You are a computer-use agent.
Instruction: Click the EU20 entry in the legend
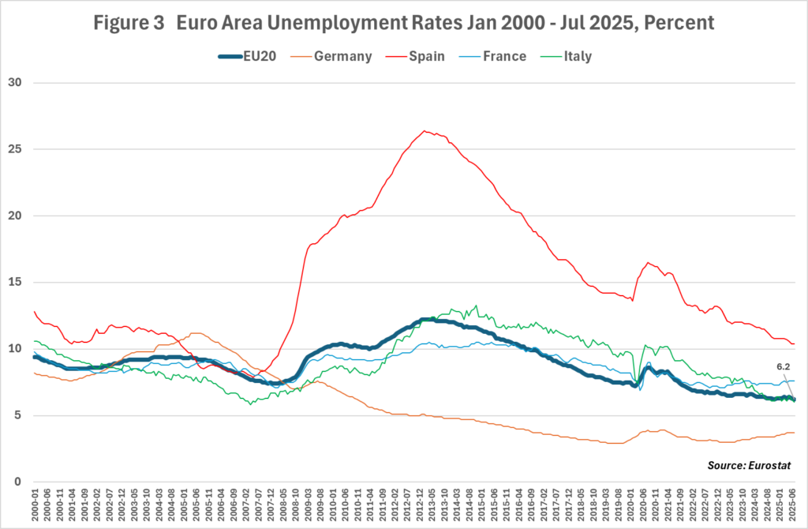247,56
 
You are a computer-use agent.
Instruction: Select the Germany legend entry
331,56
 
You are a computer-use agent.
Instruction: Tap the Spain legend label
415,56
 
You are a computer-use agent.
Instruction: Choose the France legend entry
492,56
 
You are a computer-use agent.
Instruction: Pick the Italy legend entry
566,56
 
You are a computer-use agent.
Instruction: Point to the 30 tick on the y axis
15,82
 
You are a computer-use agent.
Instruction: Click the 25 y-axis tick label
15,149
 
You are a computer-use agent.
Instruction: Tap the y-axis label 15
15,282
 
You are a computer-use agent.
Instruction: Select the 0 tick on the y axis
18,482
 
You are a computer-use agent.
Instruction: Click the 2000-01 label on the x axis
35,505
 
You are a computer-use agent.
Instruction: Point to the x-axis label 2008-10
296,505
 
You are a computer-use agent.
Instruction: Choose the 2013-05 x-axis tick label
432,505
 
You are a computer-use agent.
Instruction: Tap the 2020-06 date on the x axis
643,505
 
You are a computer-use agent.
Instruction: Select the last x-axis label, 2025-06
792,505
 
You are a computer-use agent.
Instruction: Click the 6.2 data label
784,366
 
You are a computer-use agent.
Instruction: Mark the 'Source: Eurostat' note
749,465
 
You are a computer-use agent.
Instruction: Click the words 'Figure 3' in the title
129,23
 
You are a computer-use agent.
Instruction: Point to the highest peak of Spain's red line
424,131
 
